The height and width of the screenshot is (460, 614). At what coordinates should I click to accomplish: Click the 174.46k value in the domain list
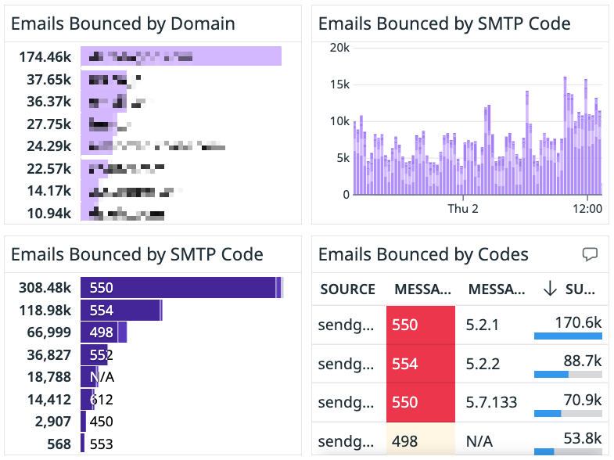click(45, 56)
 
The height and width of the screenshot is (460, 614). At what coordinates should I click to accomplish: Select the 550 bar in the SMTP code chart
click(180, 288)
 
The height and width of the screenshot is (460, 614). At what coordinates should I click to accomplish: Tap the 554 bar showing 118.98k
click(121, 311)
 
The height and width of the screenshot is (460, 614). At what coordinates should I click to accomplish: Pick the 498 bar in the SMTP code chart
click(103, 332)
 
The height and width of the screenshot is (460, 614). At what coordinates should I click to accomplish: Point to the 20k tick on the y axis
click(339, 48)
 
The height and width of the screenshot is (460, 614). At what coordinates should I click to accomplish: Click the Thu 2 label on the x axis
click(463, 209)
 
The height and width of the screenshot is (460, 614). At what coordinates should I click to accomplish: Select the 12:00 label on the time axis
click(587, 209)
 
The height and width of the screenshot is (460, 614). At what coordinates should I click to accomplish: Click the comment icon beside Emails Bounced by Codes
click(591, 254)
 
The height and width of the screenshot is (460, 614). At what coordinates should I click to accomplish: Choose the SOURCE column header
click(347, 289)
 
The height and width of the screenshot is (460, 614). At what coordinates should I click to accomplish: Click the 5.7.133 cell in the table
click(492, 402)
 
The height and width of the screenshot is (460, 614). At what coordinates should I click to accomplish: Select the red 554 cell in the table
click(420, 364)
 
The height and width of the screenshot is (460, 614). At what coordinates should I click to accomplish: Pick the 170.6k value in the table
click(580, 322)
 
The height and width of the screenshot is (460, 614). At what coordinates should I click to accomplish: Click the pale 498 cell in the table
click(420, 440)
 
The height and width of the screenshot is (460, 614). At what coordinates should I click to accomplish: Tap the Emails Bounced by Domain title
click(123, 23)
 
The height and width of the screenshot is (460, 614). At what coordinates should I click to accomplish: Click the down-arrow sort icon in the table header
click(550, 289)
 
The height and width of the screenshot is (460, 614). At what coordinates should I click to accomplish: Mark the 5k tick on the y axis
click(341, 158)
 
